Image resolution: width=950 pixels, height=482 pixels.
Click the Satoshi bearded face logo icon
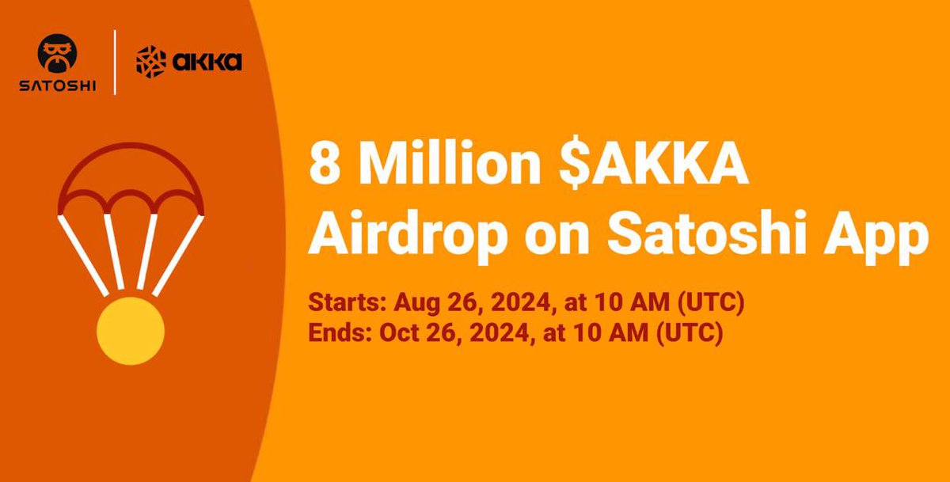[57, 53]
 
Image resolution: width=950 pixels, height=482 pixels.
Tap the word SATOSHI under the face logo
[58, 85]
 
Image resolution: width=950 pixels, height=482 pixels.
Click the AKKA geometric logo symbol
[150, 62]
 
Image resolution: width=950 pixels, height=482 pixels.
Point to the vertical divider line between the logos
[116, 63]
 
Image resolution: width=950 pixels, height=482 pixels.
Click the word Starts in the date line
[337, 302]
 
